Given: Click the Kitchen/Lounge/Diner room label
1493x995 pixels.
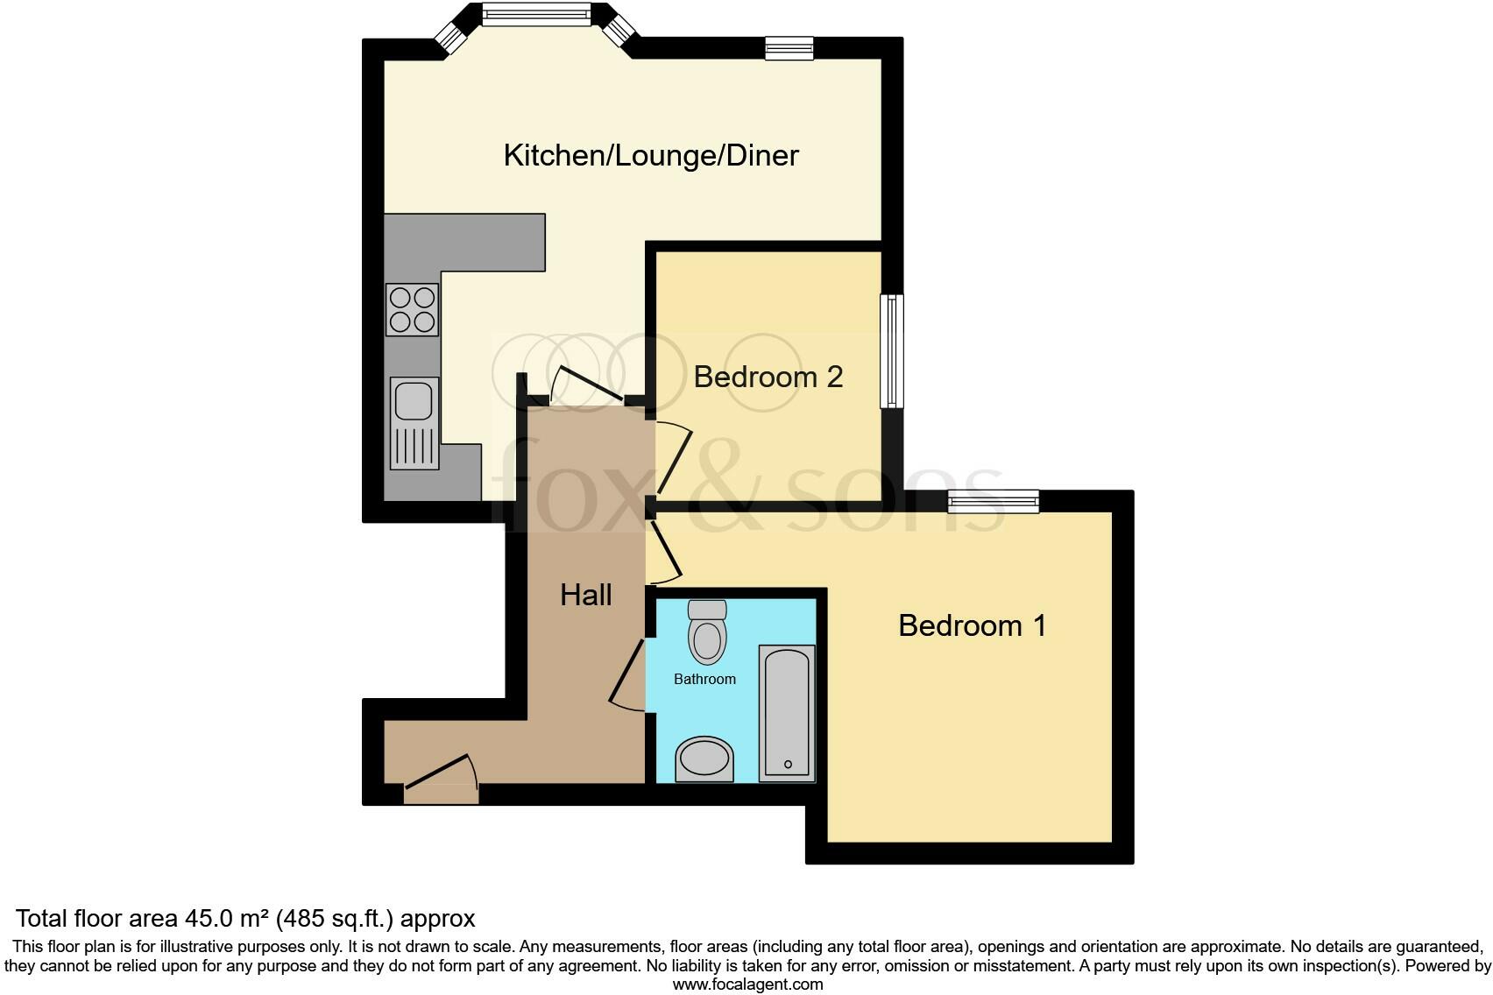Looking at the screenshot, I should click(651, 156).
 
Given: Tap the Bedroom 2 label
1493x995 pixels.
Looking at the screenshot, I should click(768, 377).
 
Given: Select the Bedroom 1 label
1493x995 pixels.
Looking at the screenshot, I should click(972, 625).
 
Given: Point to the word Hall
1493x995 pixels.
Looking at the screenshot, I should click(585, 596).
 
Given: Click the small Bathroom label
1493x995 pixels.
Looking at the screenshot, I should click(704, 679).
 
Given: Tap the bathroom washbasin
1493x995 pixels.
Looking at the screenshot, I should click(704, 759).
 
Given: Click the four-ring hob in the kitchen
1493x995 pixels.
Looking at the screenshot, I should click(412, 310).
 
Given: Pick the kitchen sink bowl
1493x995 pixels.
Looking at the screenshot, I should click(414, 400).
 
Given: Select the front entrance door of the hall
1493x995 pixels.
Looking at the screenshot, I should click(441, 785).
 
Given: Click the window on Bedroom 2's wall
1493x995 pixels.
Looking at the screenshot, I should click(892, 350).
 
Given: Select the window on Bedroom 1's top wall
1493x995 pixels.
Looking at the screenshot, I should click(994, 501).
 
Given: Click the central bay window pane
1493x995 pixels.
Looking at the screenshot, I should click(536, 13).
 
